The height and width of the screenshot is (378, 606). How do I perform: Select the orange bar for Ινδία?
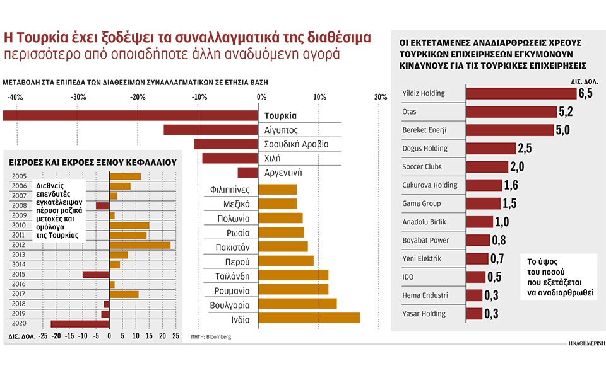tap(309, 318)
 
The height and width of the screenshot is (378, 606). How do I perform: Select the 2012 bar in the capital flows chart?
tap(140, 244)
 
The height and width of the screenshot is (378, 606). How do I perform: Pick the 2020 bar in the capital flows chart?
tap(80, 324)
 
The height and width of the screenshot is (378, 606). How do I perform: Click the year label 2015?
tap(19, 274)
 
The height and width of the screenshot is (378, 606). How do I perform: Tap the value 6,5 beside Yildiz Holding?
tap(586, 93)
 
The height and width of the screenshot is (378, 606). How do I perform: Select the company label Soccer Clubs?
tap(422, 167)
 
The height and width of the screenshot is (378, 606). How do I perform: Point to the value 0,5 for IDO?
tap(496, 277)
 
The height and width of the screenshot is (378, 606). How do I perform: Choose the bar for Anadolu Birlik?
tap(480, 222)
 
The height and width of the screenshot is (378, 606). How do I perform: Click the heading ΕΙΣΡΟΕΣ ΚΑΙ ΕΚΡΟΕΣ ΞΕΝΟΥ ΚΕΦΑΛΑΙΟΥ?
tap(92, 162)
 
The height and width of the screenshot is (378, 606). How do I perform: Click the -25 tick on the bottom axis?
tap(42, 336)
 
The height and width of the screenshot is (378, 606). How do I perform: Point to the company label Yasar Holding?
tap(424, 314)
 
